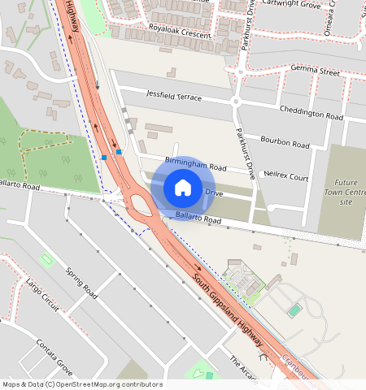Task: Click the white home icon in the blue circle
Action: pos(183,188)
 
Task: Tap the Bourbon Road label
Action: pos(290,145)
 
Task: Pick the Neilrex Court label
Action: pos(288,176)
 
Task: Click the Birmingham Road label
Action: pos(195,165)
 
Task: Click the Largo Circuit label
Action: pos(42,295)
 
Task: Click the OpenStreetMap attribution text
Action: pos(82,384)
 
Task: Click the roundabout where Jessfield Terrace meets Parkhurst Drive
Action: pos(237,102)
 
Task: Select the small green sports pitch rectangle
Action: pos(294,310)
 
